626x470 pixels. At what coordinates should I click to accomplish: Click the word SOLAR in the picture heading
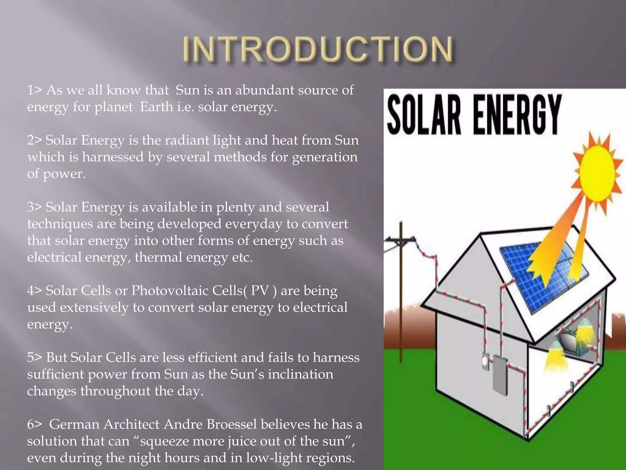pos(424,115)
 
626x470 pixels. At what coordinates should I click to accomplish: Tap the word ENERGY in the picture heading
pos(517,115)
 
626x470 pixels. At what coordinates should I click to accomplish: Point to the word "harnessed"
pos(113,157)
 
